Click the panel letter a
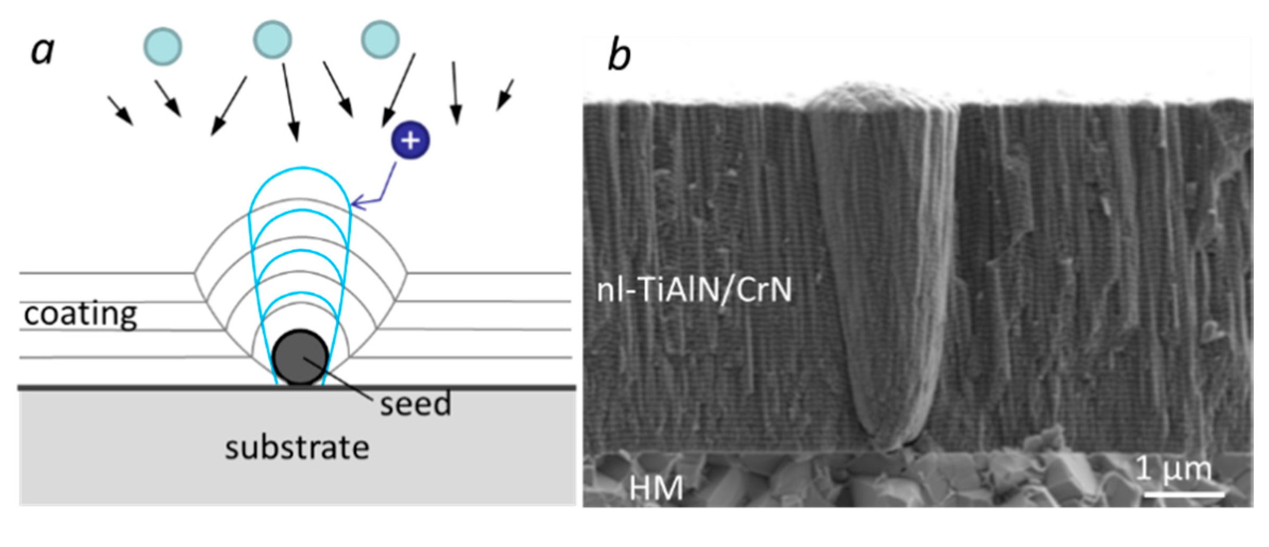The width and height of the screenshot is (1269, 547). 42,52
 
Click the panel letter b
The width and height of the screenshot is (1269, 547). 619,55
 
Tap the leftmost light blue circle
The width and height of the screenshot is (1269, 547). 163,47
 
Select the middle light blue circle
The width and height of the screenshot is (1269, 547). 272,39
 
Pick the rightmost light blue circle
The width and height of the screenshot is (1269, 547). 380,39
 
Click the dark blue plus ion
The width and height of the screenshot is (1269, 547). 410,140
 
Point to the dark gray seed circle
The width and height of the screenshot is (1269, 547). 300,357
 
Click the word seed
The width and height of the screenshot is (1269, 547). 415,404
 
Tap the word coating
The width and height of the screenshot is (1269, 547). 81,314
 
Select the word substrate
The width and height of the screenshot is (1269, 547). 297,448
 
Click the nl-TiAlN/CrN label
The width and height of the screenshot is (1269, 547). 694,290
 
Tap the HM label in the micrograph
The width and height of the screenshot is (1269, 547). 656,488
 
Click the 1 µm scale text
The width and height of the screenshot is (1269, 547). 1174,469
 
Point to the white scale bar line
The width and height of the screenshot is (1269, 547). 1184,494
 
